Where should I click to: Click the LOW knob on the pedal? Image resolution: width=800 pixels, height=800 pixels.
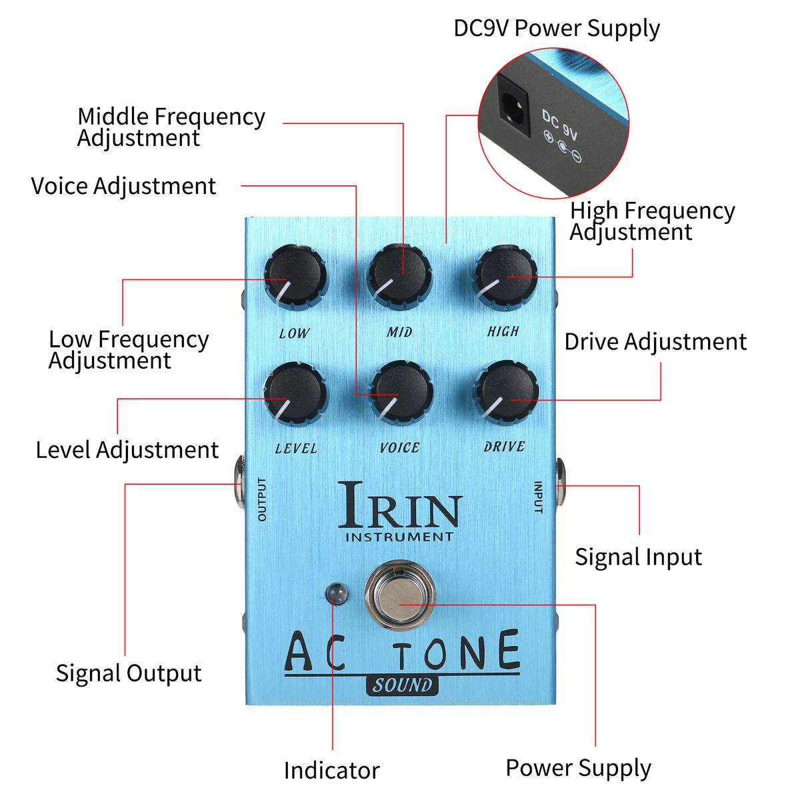[295, 277]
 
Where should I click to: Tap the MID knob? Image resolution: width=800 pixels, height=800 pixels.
[400, 275]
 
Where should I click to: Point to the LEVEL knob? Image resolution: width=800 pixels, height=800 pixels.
[295, 393]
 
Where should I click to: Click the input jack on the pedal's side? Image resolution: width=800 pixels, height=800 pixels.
[560, 483]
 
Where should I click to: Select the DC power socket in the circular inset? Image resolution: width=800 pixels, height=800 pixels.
[514, 105]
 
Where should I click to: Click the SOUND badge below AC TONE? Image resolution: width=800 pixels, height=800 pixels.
[402, 685]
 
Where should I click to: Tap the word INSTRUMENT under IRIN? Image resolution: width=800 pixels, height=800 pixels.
[399, 537]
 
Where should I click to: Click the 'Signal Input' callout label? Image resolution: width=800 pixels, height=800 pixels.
[638, 557]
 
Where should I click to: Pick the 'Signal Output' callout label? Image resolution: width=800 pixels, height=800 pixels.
[128, 673]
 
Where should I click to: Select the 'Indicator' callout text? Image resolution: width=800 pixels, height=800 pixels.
[331, 771]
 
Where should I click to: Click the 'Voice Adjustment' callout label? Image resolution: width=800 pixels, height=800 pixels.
[123, 186]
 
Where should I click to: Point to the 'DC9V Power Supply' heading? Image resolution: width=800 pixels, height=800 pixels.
[557, 29]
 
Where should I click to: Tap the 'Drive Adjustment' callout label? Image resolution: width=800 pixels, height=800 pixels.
[655, 341]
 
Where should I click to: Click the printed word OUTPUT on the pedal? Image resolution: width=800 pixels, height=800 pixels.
[261, 499]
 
